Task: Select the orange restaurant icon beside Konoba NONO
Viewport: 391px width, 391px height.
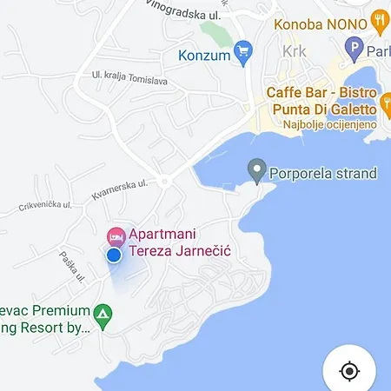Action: coord(379,20)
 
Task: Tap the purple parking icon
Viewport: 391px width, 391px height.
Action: coord(354,50)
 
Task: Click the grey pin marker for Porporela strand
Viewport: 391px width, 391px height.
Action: coord(256,170)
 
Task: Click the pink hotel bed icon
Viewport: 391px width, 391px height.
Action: coord(116,235)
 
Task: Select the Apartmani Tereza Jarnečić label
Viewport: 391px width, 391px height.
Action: coord(183,243)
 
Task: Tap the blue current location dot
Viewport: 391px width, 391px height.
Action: coord(113,255)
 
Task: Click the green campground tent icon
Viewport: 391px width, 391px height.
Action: coord(103,316)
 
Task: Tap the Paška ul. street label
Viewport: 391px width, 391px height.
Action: coord(73,264)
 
